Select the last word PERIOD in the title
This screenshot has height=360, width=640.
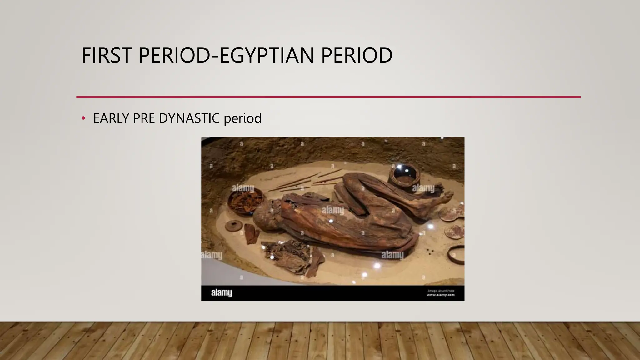[x=357, y=55]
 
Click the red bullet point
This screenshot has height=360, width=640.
[x=83, y=118]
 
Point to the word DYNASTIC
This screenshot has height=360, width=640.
[x=189, y=118]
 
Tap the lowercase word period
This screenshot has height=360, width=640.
[x=242, y=119]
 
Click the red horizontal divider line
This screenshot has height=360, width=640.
[x=328, y=97]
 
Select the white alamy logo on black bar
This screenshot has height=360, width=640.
[x=221, y=293]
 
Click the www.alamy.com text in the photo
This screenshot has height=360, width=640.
[x=441, y=295]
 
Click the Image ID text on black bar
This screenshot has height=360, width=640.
[x=441, y=291]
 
